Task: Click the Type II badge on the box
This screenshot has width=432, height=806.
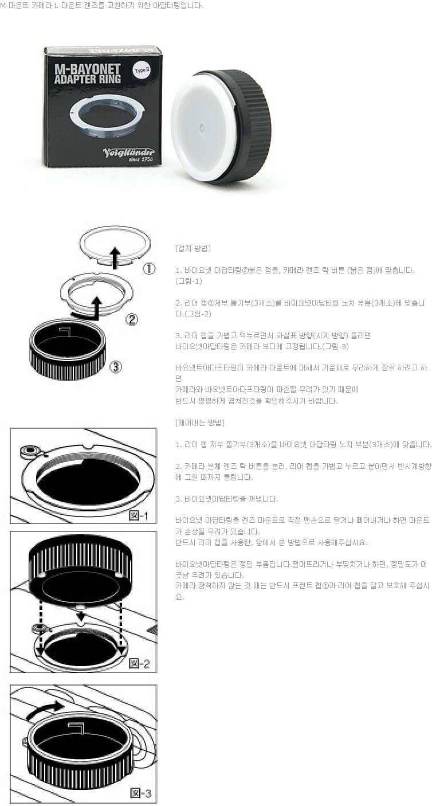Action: (140, 70)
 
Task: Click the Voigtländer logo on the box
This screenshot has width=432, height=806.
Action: (129, 154)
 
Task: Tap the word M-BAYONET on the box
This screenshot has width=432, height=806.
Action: (88, 69)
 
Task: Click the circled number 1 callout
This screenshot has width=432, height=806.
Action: (150, 269)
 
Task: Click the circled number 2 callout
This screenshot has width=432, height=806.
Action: (132, 319)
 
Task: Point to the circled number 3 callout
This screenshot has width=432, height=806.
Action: (116, 367)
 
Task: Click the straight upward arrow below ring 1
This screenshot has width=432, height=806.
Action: (115, 258)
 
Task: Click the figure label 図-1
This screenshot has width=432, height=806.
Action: (139, 516)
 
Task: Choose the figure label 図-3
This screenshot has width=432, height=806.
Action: (140, 793)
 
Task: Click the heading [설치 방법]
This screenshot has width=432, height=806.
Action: (193, 248)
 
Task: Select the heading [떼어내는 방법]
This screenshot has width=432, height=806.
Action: (200, 422)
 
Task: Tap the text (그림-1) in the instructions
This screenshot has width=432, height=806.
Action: (189, 281)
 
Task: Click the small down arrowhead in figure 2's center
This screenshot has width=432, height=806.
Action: (81, 616)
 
